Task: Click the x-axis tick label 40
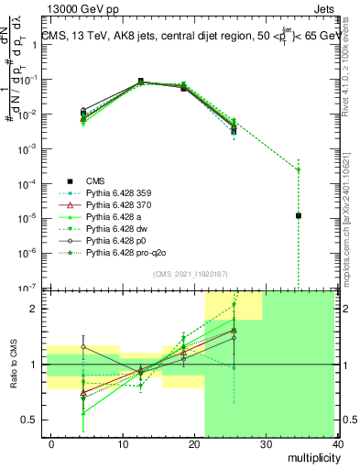point(339,443)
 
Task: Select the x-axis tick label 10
point(122,443)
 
